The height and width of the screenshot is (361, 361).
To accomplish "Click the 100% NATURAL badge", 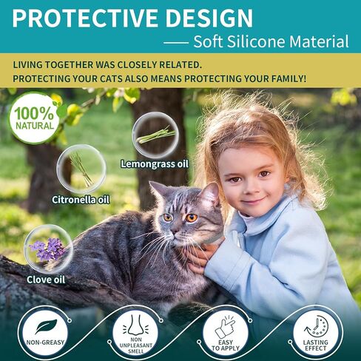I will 34,117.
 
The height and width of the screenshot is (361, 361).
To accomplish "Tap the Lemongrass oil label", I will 149,163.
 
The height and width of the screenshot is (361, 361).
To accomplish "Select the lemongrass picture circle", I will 155,134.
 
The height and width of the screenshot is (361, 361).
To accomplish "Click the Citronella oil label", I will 81,199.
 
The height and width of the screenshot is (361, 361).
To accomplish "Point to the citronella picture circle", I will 81,169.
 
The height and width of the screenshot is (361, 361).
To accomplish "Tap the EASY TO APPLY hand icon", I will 225,325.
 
